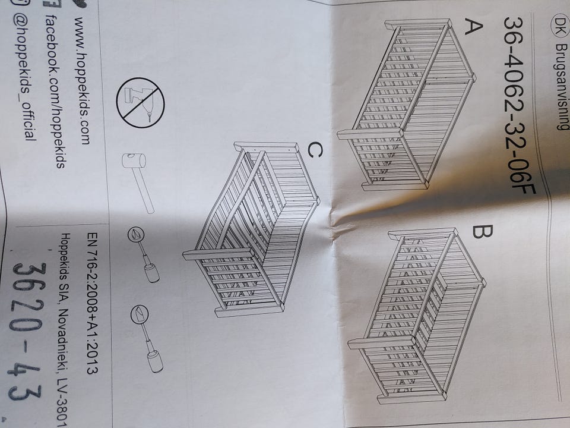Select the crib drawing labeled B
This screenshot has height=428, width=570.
(x=416, y=316)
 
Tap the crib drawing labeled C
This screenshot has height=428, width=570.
(x=251, y=229)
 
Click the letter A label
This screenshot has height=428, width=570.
(x=474, y=28)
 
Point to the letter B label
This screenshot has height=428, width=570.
(x=482, y=231)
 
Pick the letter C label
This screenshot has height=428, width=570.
(x=315, y=150)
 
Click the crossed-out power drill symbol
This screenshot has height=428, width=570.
(x=140, y=103)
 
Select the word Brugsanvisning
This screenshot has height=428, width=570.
(x=562, y=87)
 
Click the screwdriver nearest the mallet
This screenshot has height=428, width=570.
(x=144, y=255)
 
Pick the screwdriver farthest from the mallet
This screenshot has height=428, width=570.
(x=147, y=338)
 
